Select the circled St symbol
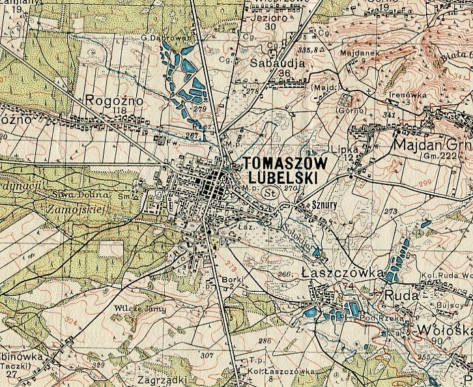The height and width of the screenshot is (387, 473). click(270, 193)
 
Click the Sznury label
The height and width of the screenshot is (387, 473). click(309, 204)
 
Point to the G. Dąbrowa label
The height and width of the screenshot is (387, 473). click(160, 38)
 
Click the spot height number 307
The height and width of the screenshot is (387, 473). click(207, 356)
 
